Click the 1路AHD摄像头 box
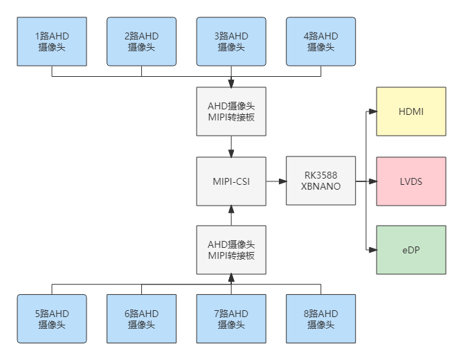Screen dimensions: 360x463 [x=52, y=42]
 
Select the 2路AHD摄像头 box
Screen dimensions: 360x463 [x=142, y=42]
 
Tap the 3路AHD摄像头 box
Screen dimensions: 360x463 [x=231, y=42]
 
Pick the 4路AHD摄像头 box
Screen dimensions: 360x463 [x=321, y=42]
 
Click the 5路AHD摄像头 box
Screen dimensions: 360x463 [x=52, y=318]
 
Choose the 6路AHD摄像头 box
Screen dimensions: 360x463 [x=142, y=318]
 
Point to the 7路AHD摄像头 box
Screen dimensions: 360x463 [x=231, y=318]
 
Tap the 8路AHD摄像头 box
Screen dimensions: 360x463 [x=321, y=318]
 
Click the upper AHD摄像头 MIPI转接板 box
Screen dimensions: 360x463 [x=231, y=111]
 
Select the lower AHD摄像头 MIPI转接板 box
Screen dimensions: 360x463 [x=231, y=250]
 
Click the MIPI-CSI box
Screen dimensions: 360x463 [x=231, y=181]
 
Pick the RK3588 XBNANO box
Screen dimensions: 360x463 [x=321, y=181]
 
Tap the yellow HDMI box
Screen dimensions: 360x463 [x=411, y=111]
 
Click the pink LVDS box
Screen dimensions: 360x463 [x=411, y=181]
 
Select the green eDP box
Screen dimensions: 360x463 [x=411, y=250]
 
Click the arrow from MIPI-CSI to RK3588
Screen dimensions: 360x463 [x=276, y=181]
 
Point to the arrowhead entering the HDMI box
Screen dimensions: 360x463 [x=372, y=111]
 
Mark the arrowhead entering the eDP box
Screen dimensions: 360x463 [x=372, y=249]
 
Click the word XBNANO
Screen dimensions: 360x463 [x=321, y=186]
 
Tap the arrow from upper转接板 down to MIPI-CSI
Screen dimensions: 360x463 [x=231, y=146]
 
